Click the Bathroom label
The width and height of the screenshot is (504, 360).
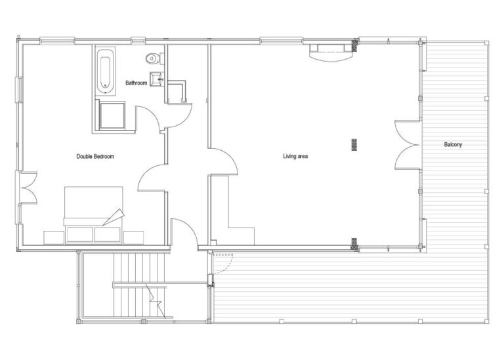click(x=136, y=83)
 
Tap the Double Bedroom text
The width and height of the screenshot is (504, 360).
click(x=95, y=157)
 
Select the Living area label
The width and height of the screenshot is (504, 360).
click(x=295, y=157)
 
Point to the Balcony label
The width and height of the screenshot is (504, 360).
click(x=453, y=144)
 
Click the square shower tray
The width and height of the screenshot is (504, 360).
click(x=112, y=115)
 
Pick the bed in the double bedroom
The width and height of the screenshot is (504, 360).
click(x=94, y=214)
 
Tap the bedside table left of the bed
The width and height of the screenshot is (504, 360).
click(x=54, y=237)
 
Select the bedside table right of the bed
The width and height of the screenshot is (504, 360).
click(x=133, y=237)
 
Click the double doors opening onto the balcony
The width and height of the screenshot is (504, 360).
click(x=408, y=145)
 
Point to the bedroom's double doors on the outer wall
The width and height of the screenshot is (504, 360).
click(x=28, y=188)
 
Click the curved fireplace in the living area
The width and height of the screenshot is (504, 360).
click(x=331, y=52)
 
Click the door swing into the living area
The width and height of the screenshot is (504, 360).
click(x=223, y=161)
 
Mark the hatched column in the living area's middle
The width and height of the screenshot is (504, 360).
click(x=354, y=144)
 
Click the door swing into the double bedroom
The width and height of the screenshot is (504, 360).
click(x=152, y=178)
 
